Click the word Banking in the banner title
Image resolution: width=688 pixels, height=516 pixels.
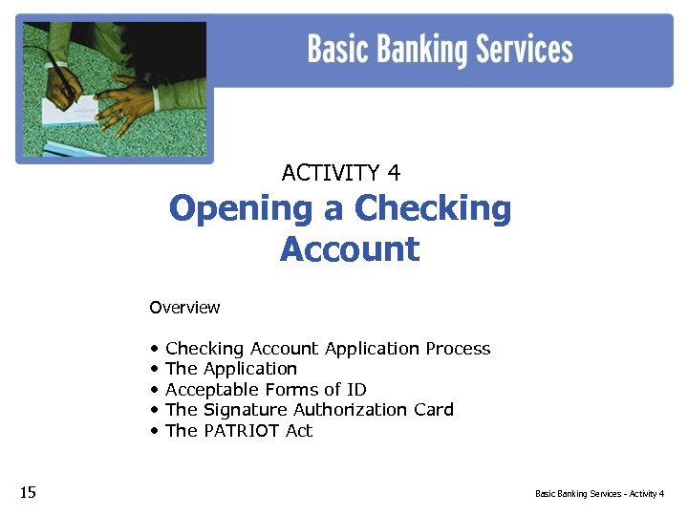click(x=416, y=49)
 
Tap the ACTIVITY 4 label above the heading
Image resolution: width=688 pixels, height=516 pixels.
click(x=341, y=173)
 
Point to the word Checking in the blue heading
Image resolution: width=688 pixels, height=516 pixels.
click(x=433, y=208)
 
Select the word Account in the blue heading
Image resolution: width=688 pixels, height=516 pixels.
click(x=349, y=249)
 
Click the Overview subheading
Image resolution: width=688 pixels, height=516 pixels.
click(x=184, y=308)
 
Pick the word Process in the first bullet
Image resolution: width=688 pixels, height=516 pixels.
click(x=458, y=349)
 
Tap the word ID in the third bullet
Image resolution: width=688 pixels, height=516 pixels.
click(x=355, y=390)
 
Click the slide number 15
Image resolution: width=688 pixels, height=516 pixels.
click(x=28, y=493)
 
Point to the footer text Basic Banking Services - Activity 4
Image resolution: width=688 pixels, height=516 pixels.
click(x=599, y=494)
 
